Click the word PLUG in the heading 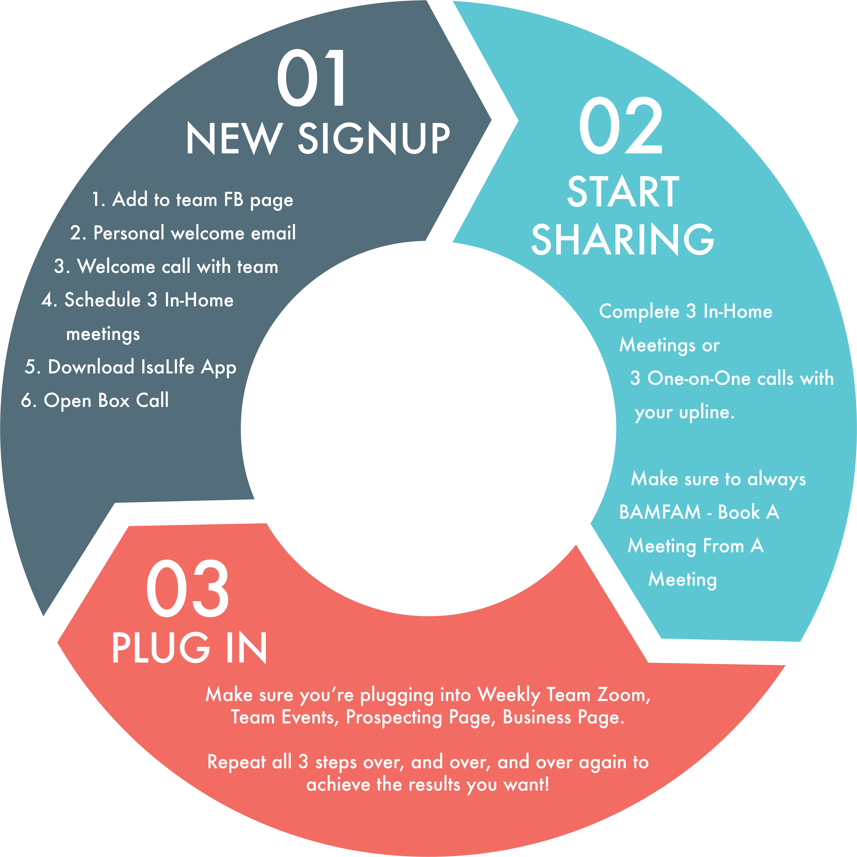[161, 648]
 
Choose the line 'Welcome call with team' [166, 267]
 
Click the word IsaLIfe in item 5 [168, 367]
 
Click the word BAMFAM [660, 512]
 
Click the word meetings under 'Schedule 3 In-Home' [103, 334]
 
